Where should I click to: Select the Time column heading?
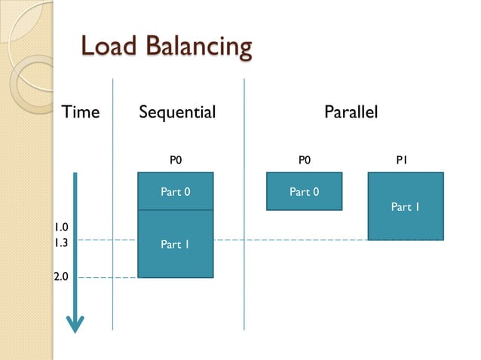(x=80, y=113)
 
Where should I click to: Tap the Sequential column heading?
(x=177, y=113)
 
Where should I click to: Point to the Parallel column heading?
(x=351, y=113)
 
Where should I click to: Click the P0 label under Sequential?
(x=176, y=160)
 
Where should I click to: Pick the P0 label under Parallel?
(x=304, y=160)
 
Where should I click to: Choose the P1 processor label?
(x=403, y=160)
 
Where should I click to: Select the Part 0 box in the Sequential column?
(x=175, y=191)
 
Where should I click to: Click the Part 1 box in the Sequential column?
(x=175, y=244)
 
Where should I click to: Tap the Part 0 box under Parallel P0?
(x=304, y=191)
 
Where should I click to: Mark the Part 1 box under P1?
(x=405, y=206)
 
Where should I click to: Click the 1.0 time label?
(x=61, y=227)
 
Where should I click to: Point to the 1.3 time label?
(x=61, y=243)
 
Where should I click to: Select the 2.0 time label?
(x=61, y=276)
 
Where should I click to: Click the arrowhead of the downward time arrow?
(x=75, y=324)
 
